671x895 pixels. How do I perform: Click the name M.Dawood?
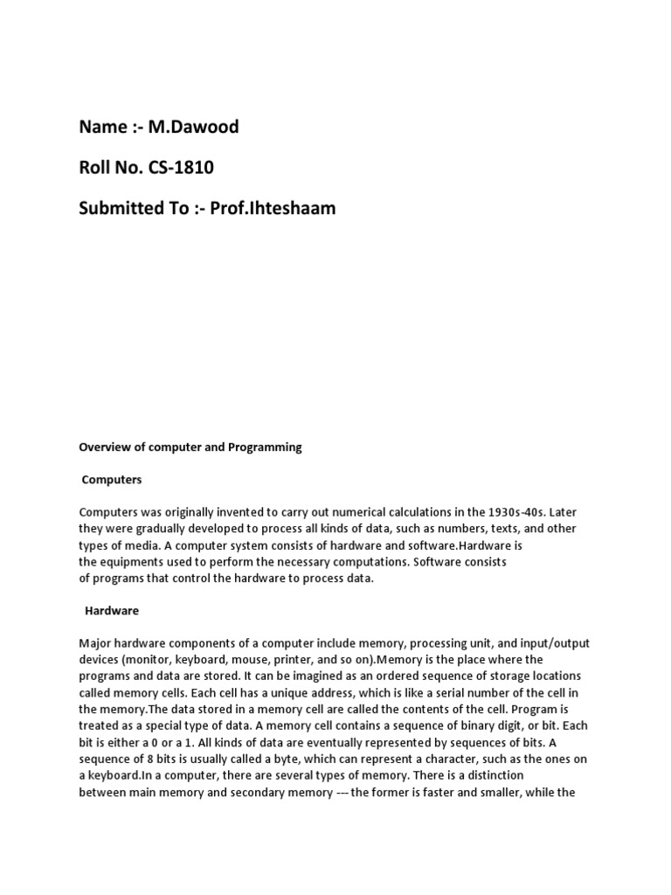[193, 128]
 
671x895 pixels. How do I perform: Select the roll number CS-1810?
[183, 169]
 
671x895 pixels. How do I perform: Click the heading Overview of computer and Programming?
[190, 447]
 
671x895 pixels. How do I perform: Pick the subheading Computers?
[112, 480]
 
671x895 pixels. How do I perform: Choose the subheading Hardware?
[112, 610]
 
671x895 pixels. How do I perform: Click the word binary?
[441, 726]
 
